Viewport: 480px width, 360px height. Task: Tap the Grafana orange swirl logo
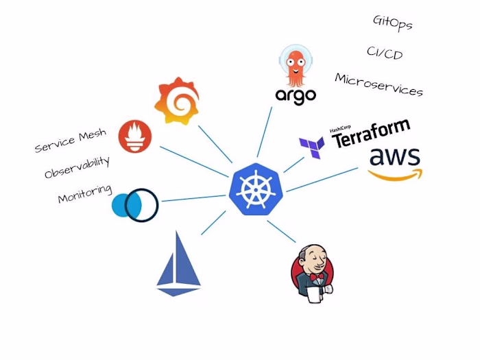(178, 101)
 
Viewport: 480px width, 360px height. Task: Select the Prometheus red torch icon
(136, 136)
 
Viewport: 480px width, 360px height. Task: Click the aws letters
(395, 157)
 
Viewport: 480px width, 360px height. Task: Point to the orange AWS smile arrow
(395, 174)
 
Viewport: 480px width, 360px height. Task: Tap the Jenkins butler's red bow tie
(316, 278)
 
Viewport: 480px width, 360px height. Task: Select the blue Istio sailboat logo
(179, 263)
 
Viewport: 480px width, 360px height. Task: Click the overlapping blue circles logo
(135, 204)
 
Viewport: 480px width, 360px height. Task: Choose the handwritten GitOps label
(392, 23)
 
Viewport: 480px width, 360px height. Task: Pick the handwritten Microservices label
(379, 85)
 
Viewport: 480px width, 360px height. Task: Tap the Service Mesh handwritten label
(71, 141)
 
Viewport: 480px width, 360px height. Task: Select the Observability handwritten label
(77, 167)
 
